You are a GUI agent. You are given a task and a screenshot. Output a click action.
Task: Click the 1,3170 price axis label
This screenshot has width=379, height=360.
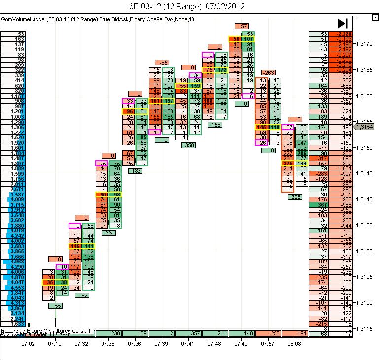(x=365, y=44)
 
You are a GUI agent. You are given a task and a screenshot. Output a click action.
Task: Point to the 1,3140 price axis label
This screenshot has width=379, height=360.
(x=365, y=199)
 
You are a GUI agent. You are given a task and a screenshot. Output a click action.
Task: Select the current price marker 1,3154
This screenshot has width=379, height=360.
(x=367, y=127)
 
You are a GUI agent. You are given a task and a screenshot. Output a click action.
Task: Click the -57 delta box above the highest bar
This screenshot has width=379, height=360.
(x=242, y=26)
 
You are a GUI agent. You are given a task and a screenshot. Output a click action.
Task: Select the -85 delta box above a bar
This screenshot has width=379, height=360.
(x=162, y=62)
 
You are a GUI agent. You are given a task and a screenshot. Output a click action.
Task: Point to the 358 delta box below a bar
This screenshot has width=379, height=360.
(x=189, y=145)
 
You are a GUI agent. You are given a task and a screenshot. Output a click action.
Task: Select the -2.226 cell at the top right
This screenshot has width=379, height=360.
(x=339, y=34)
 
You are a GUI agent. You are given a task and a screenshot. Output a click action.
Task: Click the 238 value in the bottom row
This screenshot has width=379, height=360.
(x=116, y=334)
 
